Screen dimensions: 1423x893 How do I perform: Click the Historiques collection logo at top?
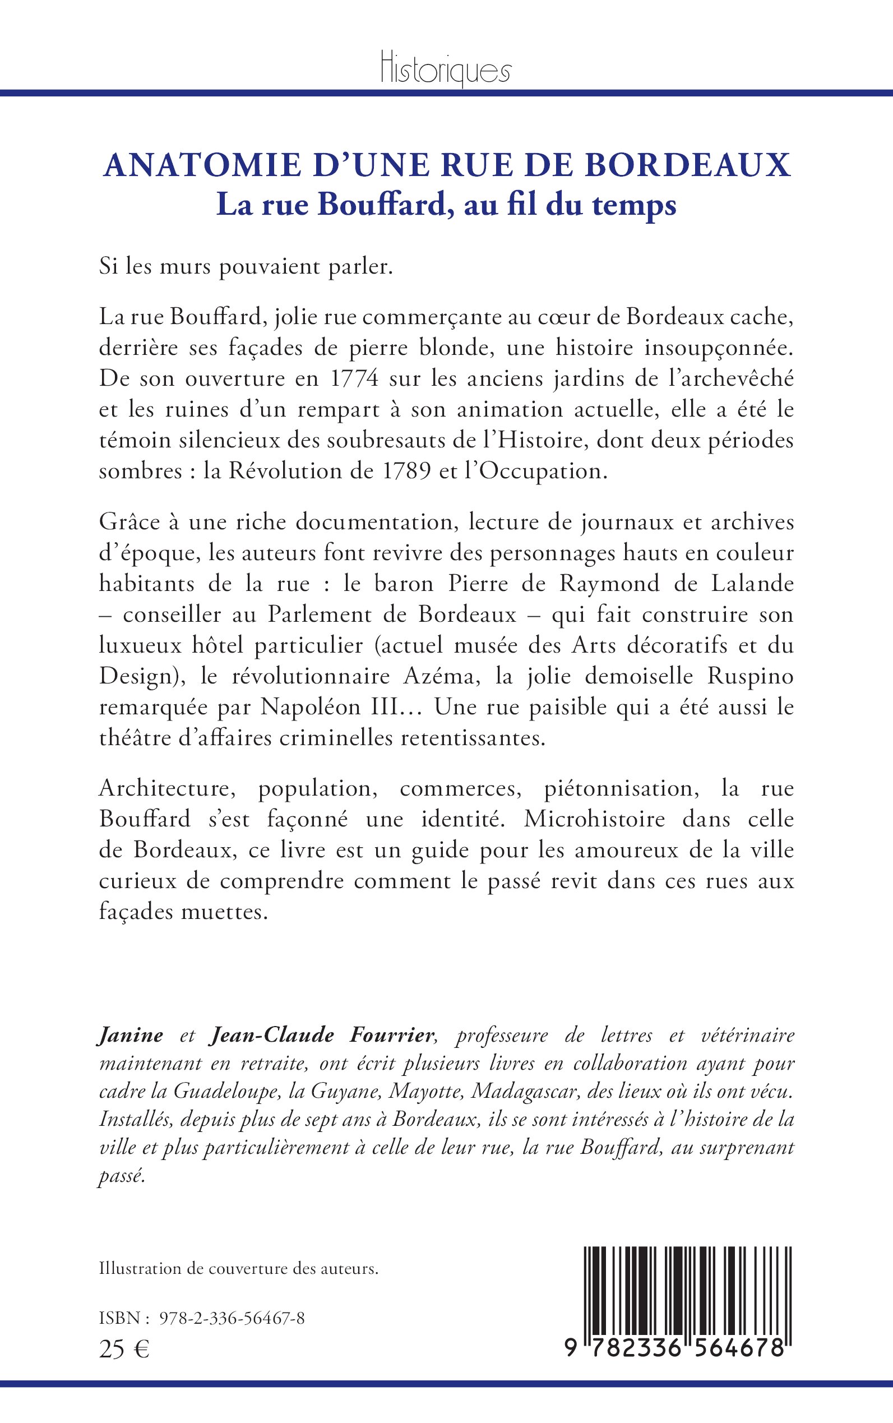pos(446,68)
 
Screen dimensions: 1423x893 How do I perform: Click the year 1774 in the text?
pos(354,378)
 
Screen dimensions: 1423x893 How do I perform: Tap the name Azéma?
pos(438,676)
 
